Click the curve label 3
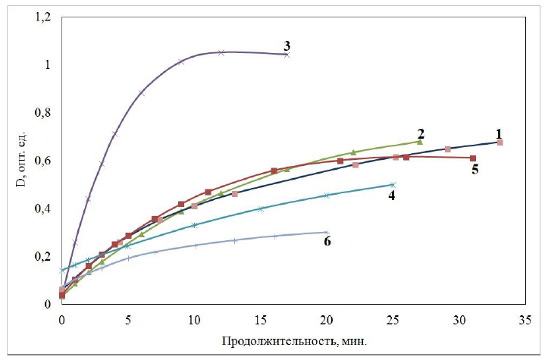click(x=287, y=44)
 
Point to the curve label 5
click(x=475, y=170)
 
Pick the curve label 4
click(x=393, y=195)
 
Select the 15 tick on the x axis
click(x=260, y=319)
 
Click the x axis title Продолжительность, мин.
click(x=293, y=340)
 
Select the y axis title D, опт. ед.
click(x=17, y=161)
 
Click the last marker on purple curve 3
click(x=287, y=55)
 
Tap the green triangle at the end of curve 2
click(x=419, y=142)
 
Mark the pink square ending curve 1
click(x=500, y=142)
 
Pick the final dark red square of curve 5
click(x=472, y=158)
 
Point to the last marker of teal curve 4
click(x=393, y=184)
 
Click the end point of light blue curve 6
click(x=326, y=232)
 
